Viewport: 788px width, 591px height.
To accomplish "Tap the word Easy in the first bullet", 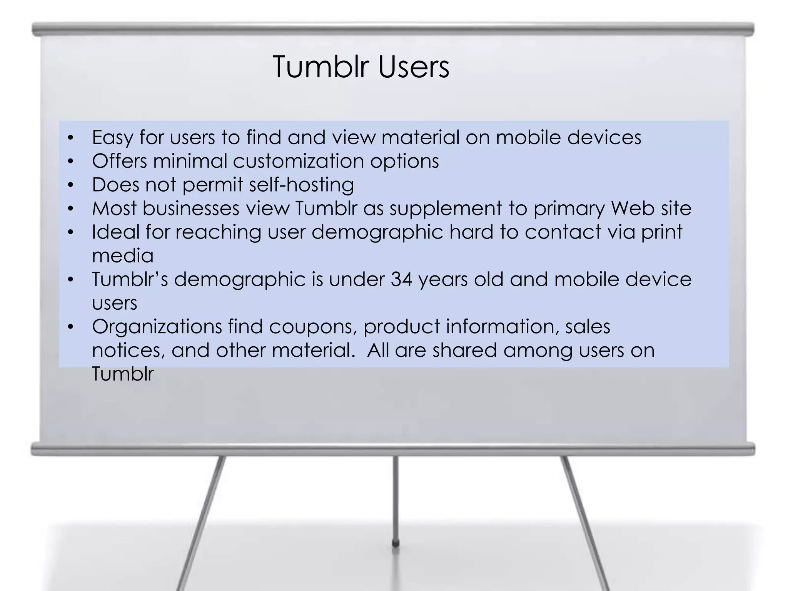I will pos(112,138).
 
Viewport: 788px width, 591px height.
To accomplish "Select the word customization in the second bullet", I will pos(298,161).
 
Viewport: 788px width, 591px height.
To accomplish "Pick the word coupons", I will pos(311,327).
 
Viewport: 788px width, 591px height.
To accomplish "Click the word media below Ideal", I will pos(123,256).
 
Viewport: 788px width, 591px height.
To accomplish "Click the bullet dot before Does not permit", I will pos(70,185).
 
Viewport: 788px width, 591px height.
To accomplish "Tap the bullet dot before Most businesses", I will pos(70,209).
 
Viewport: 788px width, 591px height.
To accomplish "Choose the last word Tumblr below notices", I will pos(123,374).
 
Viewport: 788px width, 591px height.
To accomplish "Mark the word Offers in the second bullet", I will pos(120,161).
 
